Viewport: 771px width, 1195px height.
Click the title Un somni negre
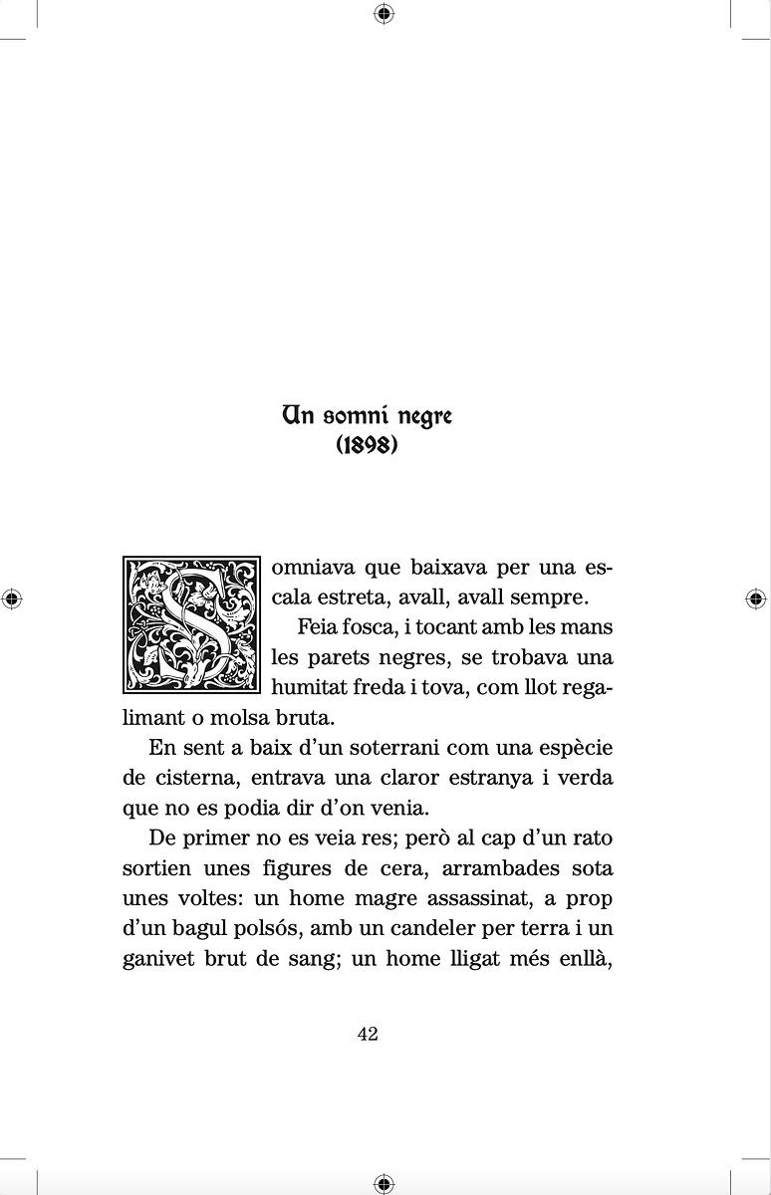[x=367, y=415]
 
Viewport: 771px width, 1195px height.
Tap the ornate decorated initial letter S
[x=190, y=623]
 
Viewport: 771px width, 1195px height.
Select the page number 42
[x=367, y=1034]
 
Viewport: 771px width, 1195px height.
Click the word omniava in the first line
[x=313, y=569]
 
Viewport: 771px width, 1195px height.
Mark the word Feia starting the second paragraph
[x=316, y=628]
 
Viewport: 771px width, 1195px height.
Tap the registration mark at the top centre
[x=385, y=13]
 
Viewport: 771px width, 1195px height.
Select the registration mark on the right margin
[x=756, y=598]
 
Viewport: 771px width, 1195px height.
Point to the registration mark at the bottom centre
[x=385, y=1183]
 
